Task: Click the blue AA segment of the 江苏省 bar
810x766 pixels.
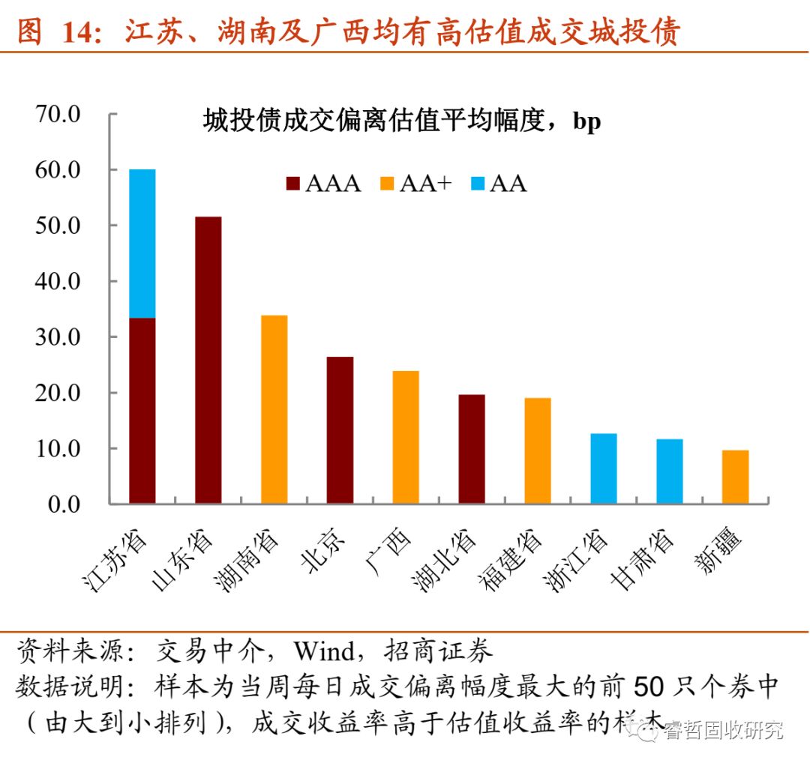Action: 142,244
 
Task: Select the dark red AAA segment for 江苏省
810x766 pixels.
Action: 142,411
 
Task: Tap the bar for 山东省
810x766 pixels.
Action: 208,360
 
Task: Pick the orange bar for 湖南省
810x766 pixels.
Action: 274,409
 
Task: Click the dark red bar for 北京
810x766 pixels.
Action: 340,430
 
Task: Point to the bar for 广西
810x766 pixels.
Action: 406,437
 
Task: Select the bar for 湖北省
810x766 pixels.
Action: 472,449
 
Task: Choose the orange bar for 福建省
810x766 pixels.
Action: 538,450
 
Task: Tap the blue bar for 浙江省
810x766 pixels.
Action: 604,468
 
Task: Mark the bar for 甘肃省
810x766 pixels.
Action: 670,471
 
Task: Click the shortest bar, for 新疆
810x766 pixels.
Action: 736,477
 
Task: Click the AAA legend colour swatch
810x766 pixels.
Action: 293,184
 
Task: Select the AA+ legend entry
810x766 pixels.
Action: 415,184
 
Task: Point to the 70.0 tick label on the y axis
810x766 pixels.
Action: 58,114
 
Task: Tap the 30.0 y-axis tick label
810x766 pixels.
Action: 58,337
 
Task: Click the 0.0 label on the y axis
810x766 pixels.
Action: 64,504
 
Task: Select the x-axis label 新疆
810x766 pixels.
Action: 718,550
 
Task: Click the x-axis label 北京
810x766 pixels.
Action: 323,550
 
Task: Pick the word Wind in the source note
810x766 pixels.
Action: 325,651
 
